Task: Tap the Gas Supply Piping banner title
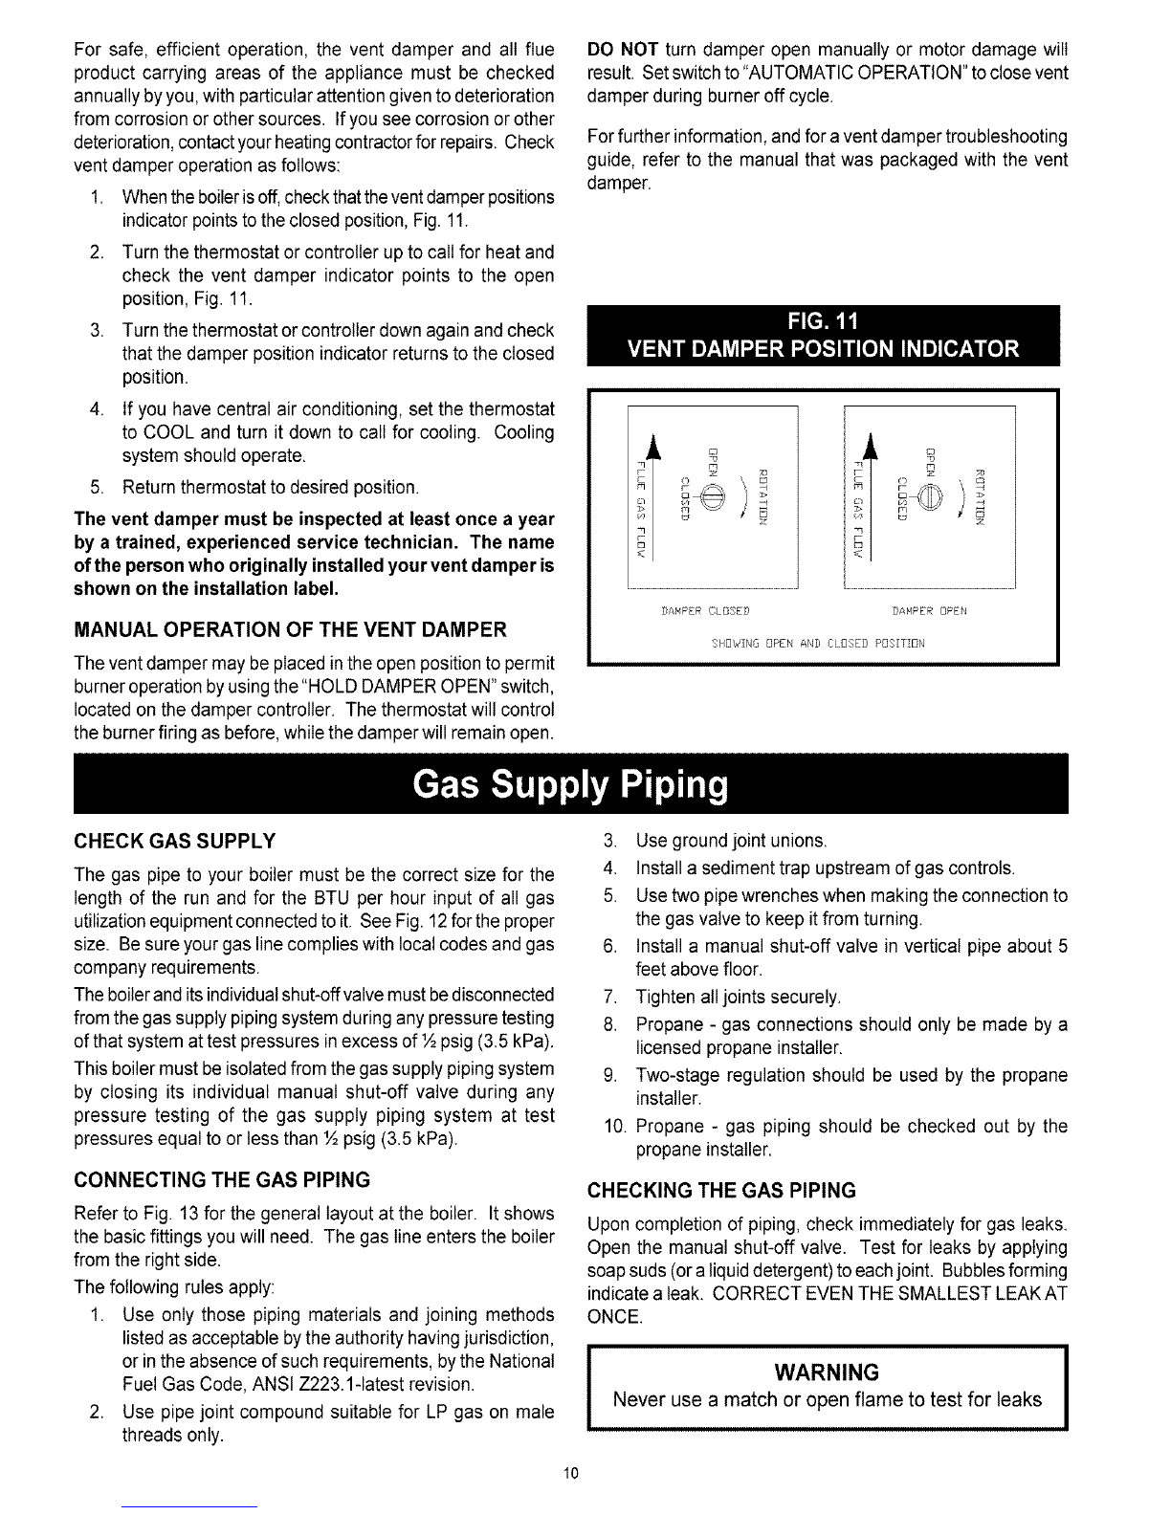570,787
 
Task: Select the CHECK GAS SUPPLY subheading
175,841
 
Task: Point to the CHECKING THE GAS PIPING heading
721,1190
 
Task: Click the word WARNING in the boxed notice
826,1373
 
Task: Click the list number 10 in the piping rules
615,1126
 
